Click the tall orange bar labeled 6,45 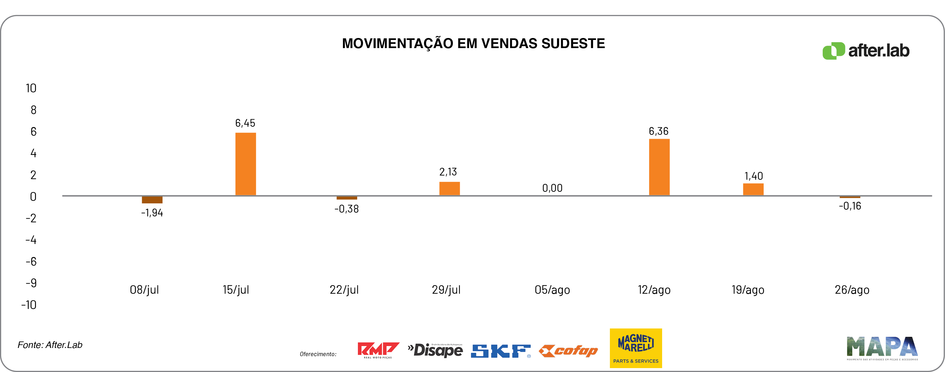click(x=246, y=164)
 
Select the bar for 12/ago click(x=659, y=167)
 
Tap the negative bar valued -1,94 click(x=152, y=200)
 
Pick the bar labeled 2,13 click(x=449, y=188)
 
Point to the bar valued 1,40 click(x=753, y=189)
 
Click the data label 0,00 click(x=552, y=188)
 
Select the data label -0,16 click(x=850, y=206)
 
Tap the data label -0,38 click(x=346, y=209)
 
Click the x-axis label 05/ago click(x=552, y=290)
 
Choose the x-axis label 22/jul click(x=344, y=290)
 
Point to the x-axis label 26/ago click(x=852, y=290)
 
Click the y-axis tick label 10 click(x=31, y=88)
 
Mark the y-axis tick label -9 click(x=31, y=283)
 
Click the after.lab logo click(x=866, y=51)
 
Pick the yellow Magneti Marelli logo click(x=636, y=348)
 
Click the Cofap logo click(x=568, y=351)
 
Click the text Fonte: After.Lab click(x=50, y=345)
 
